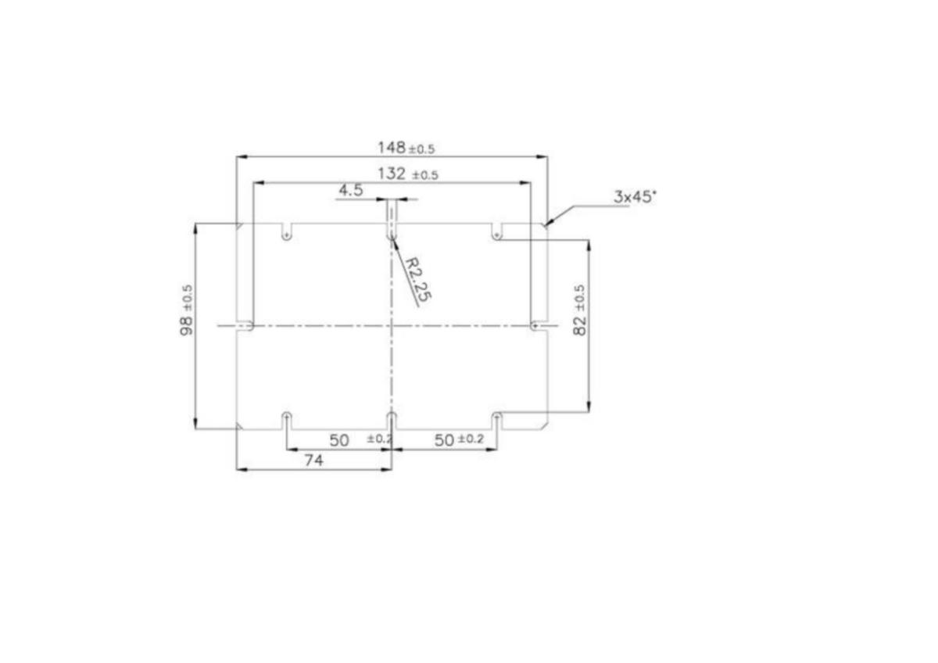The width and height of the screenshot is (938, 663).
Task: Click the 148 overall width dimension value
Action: [392, 148]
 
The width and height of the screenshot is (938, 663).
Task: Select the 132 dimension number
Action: [392, 174]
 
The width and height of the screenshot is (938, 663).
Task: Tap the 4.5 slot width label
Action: [350, 191]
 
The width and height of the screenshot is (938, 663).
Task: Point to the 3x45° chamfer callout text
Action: [635, 196]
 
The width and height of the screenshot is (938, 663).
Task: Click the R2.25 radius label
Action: [418, 280]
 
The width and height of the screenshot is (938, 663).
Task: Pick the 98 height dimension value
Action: [186, 326]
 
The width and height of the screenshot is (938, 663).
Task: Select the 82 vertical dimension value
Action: [579, 326]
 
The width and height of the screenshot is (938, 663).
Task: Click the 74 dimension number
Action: [314, 461]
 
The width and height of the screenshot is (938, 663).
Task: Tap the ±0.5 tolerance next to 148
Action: [421, 149]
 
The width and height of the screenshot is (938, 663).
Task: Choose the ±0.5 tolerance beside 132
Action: [425, 175]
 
